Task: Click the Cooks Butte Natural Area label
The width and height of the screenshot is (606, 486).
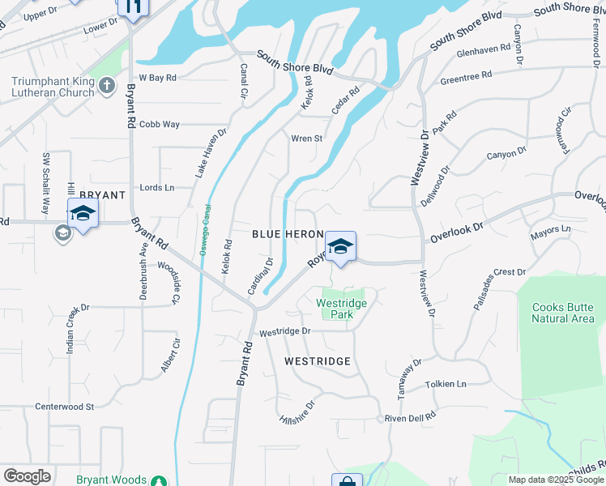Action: [563, 313]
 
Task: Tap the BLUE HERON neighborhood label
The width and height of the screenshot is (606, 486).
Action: [288, 233]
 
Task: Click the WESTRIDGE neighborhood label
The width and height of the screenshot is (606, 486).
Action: [317, 361]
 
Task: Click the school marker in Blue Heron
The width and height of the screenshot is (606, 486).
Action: [340, 246]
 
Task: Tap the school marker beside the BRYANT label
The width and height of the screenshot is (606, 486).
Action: [83, 215]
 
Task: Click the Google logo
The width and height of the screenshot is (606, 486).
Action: [27, 475]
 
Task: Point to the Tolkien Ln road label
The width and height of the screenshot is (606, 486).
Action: [446, 384]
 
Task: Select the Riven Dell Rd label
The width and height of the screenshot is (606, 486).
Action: [411, 416]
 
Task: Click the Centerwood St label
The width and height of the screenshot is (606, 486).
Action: [65, 406]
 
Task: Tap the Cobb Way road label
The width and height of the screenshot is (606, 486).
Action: [159, 124]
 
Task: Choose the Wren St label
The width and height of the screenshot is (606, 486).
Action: [307, 139]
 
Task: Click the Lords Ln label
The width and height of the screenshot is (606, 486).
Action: [157, 187]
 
